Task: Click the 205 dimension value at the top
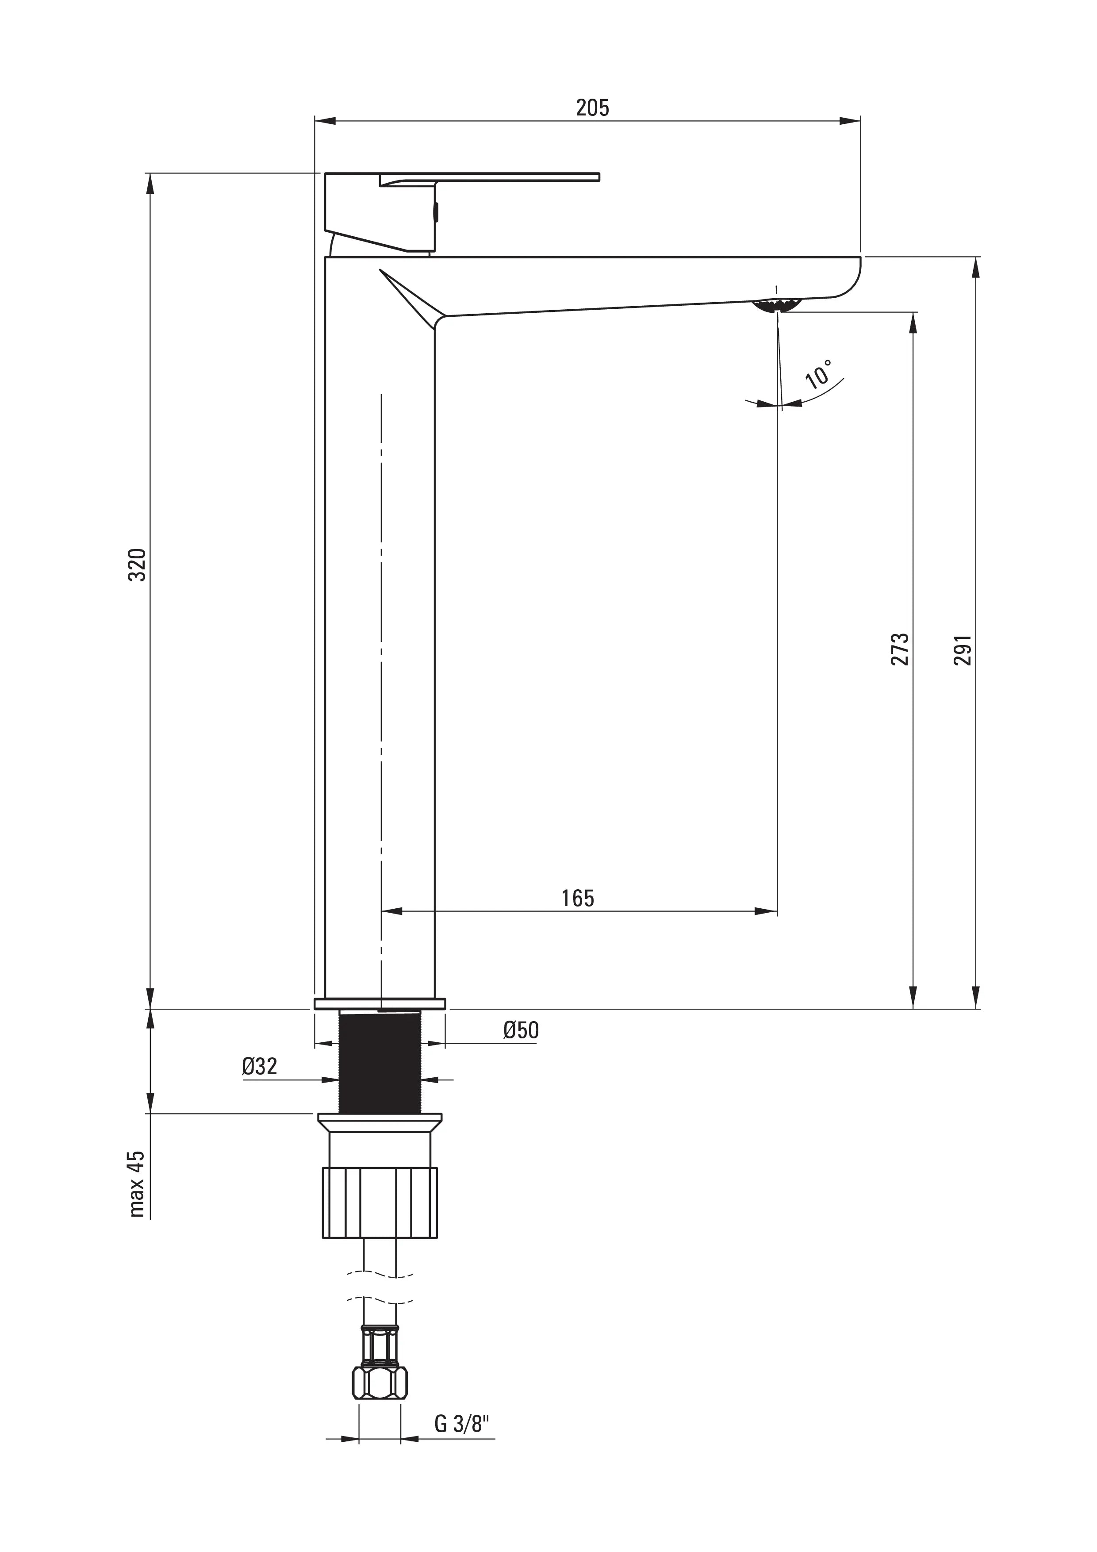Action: click(592, 108)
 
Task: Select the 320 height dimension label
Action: click(137, 565)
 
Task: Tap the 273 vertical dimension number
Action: click(900, 649)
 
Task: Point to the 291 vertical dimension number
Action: click(963, 649)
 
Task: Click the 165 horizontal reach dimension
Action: click(577, 899)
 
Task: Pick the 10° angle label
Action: click(819, 373)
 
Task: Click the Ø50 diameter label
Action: click(521, 1030)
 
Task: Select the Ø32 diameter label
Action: click(260, 1067)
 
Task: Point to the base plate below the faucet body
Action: click(380, 1003)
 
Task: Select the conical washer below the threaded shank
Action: click(380, 1123)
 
